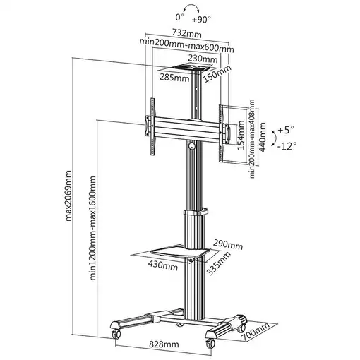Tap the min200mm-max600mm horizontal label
187,47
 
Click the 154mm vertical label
241,135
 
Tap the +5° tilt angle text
286,131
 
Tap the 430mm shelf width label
163,266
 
